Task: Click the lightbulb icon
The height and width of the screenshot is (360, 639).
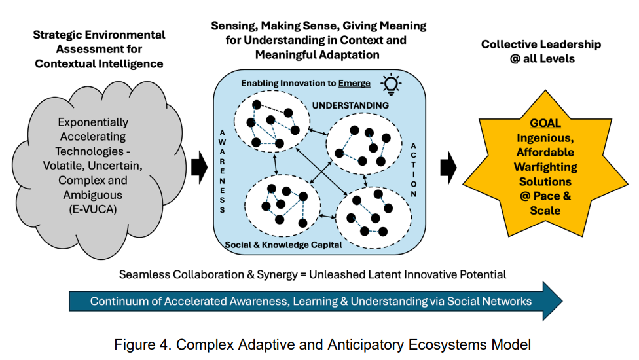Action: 391,84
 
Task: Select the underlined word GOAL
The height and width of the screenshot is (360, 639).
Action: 545,123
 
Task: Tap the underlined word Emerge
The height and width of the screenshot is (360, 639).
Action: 354,84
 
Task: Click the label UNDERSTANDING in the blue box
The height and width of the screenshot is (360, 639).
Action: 350,105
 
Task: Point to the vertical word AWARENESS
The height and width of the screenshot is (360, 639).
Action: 222,171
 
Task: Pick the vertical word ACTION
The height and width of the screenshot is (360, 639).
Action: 413,170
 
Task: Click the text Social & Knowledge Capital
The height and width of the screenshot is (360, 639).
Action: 283,245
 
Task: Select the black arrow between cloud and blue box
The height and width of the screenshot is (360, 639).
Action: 200,168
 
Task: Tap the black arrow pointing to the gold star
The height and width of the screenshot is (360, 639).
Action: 448,168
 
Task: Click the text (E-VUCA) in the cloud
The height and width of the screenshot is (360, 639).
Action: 93,209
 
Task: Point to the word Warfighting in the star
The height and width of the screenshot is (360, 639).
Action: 545,167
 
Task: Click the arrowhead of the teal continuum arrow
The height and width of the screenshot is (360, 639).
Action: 553,301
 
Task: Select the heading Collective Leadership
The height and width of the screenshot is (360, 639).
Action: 541,44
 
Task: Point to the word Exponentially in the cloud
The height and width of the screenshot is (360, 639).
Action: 93,122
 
